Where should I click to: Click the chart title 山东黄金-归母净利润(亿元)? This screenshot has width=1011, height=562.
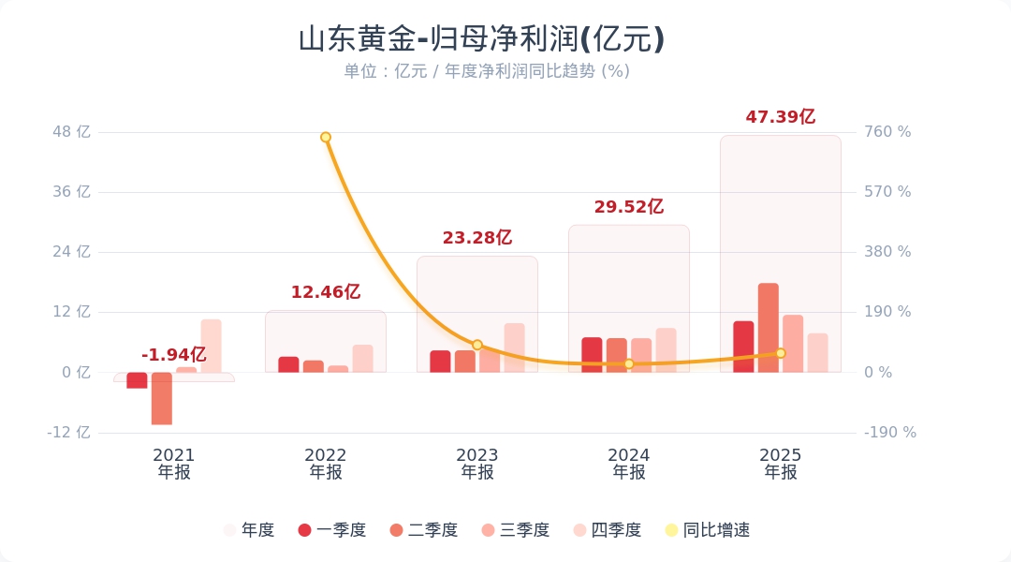tap(481, 39)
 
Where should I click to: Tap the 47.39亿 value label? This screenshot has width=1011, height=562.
tap(780, 117)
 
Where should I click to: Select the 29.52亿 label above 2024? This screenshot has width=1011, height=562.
tap(628, 207)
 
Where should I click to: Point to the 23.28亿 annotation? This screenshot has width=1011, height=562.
tap(476, 238)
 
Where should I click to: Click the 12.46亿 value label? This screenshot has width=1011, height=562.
tap(325, 292)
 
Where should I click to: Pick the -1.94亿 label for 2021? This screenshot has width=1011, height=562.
tap(173, 355)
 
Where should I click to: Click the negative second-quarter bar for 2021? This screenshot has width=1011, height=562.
tap(162, 398)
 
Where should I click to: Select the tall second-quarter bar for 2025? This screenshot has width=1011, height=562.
tap(769, 328)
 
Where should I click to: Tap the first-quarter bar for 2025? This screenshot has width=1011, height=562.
tap(743, 347)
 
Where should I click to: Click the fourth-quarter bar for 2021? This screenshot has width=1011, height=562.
tap(211, 346)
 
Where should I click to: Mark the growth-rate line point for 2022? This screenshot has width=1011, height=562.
tap(326, 138)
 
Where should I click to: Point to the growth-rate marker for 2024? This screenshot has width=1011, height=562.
tap(629, 363)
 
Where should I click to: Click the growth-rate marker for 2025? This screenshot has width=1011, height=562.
tap(781, 353)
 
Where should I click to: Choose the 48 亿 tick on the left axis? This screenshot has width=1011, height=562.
tap(72, 132)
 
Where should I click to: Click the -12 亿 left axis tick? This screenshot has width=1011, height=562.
tap(70, 433)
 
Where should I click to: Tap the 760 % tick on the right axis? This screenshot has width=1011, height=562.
tap(887, 132)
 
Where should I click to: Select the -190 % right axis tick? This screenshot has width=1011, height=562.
tap(890, 433)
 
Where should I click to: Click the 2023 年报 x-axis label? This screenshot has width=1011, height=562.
tap(476, 464)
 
